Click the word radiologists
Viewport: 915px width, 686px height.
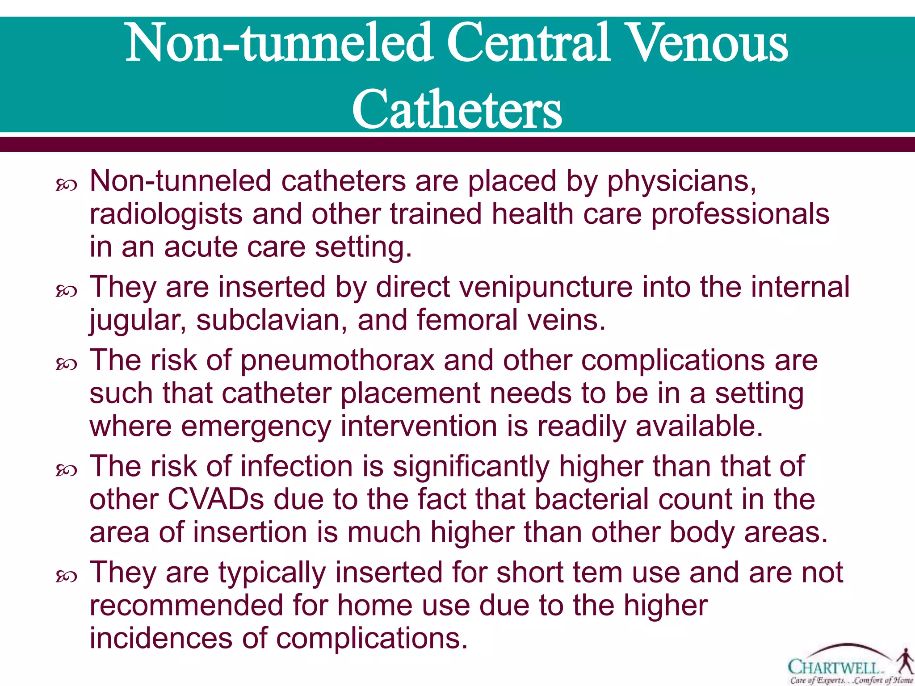(x=166, y=215)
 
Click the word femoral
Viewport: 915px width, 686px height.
(x=467, y=320)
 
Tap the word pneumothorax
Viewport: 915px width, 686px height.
(x=337, y=360)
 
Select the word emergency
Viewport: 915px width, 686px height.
(x=255, y=426)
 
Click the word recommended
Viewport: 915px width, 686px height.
(x=186, y=605)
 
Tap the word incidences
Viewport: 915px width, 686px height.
(x=161, y=638)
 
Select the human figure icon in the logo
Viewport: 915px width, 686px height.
(x=905, y=661)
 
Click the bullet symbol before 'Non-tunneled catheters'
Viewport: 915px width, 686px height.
(x=67, y=185)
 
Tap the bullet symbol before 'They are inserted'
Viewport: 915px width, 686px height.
(x=67, y=291)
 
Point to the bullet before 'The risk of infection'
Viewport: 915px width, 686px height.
(x=67, y=470)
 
